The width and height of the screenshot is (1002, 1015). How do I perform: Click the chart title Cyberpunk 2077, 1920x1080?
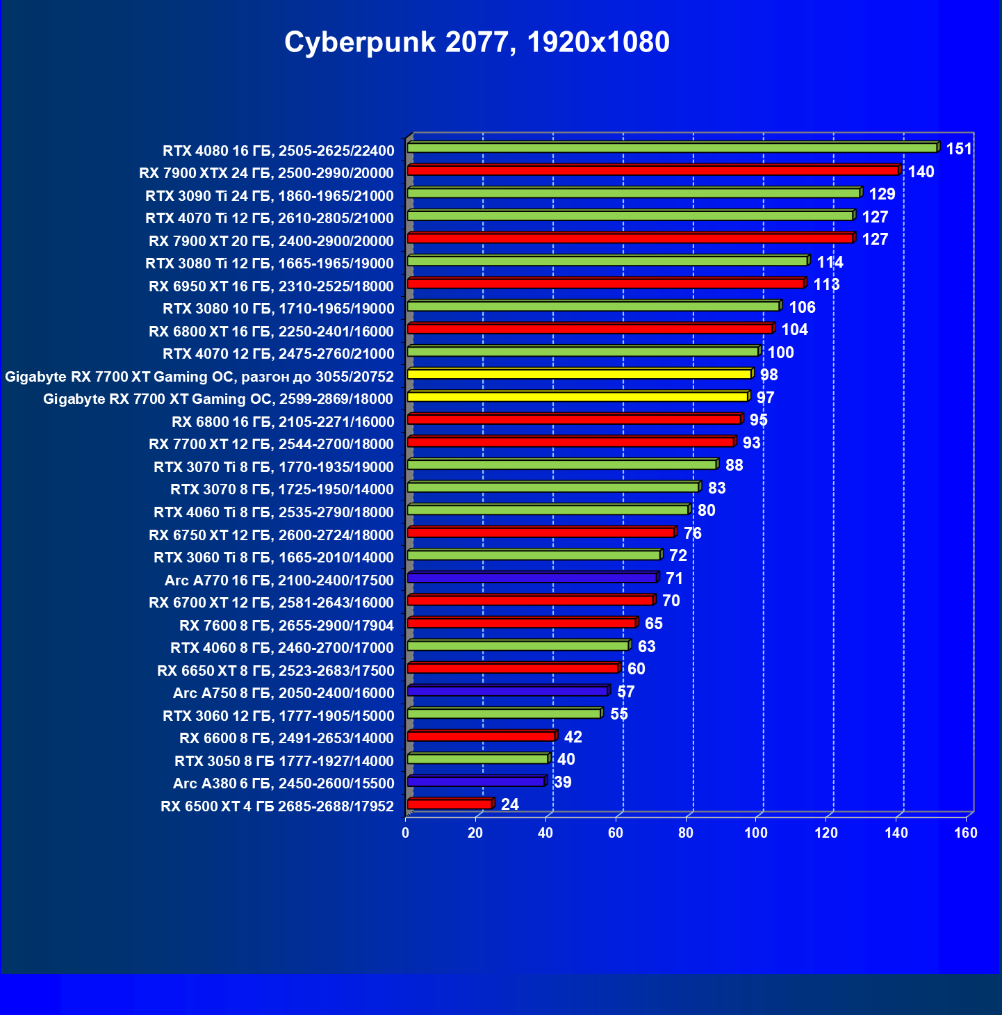click(x=477, y=42)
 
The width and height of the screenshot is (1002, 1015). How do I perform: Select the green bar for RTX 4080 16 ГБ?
click(x=672, y=147)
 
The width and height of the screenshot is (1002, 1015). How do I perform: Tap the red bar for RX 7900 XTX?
click(x=652, y=170)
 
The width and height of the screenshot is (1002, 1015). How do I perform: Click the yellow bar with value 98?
click(x=579, y=374)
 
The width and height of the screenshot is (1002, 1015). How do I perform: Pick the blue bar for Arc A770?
click(x=532, y=578)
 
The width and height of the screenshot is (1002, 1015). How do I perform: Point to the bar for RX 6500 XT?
click(x=450, y=804)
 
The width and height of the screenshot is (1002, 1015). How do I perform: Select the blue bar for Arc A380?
click(x=476, y=781)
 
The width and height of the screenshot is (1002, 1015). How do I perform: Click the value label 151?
click(x=959, y=149)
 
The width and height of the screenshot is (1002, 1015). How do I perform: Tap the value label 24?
click(x=510, y=804)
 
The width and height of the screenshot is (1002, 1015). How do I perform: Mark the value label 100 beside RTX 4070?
click(x=780, y=352)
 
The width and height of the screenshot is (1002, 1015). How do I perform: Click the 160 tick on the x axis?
click(x=966, y=833)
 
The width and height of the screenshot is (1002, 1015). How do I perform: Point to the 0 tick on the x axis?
click(x=406, y=833)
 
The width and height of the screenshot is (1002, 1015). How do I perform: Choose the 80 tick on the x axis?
click(x=686, y=833)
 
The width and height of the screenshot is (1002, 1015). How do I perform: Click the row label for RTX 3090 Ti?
click(x=270, y=195)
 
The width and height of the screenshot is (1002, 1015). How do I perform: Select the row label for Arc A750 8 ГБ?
click(x=284, y=693)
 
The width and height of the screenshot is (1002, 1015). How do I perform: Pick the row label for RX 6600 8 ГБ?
click(x=286, y=738)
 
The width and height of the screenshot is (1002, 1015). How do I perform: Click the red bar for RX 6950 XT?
click(x=605, y=283)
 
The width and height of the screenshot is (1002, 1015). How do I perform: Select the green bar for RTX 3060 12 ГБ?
click(x=504, y=713)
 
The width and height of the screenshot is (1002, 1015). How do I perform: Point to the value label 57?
click(x=626, y=692)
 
